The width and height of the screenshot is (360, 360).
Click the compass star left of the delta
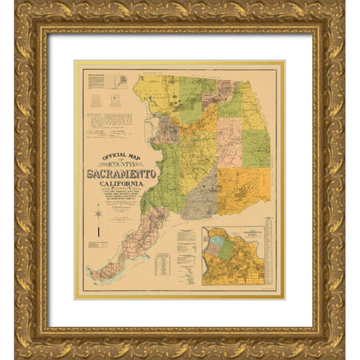(97, 215)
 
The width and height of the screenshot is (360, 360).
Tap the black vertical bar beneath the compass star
(97, 242)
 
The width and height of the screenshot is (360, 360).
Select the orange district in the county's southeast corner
(244, 190)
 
